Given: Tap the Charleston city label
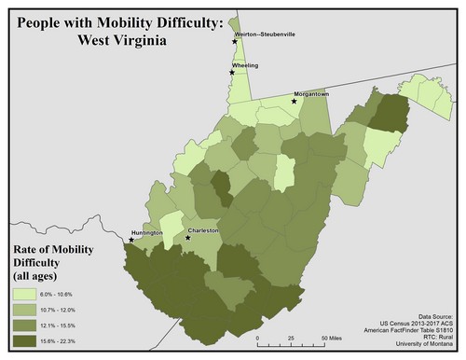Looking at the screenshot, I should pos(203,229).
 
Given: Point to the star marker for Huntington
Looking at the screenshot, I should pos(131,240).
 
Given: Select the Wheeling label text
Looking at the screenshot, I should pos(247,65).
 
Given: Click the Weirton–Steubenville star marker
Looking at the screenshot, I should pos(235,41).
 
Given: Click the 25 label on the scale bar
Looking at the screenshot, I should pos(292,338).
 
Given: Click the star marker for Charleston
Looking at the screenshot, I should pos(188,238).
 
